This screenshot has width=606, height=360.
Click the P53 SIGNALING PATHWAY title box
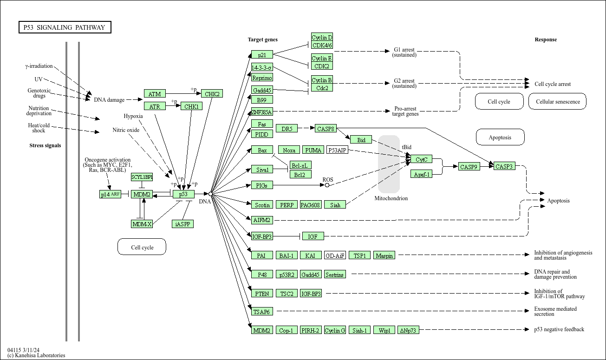click(x=65, y=27)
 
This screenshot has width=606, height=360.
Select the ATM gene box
click(x=155, y=94)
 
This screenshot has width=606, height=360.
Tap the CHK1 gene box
click(x=191, y=106)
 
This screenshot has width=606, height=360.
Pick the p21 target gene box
click(x=262, y=55)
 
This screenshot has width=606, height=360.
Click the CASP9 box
click(x=469, y=166)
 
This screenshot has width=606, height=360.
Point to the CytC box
click(x=421, y=159)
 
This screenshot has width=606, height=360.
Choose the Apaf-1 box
click(x=421, y=174)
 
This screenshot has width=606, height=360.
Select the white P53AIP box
click(x=337, y=150)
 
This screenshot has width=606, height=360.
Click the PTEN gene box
click(x=262, y=293)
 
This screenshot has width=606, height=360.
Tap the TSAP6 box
click(x=262, y=311)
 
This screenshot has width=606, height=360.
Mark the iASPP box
click(x=182, y=224)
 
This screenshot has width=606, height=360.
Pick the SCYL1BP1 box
click(x=142, y=177)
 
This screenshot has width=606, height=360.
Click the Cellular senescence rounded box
click(x=558, y=101)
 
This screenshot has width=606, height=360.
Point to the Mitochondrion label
click(x=391, y=198)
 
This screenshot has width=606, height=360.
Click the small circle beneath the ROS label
click(x=327, y=185)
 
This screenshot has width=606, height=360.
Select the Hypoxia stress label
click(x=133, y=116)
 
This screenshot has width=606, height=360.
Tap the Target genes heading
click(x=262, y=39)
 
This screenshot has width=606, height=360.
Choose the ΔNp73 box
click(x=409, y=330)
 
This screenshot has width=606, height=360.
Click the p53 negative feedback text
click(x=559, y=329)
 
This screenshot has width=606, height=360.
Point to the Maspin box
click(x=384, y=255)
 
